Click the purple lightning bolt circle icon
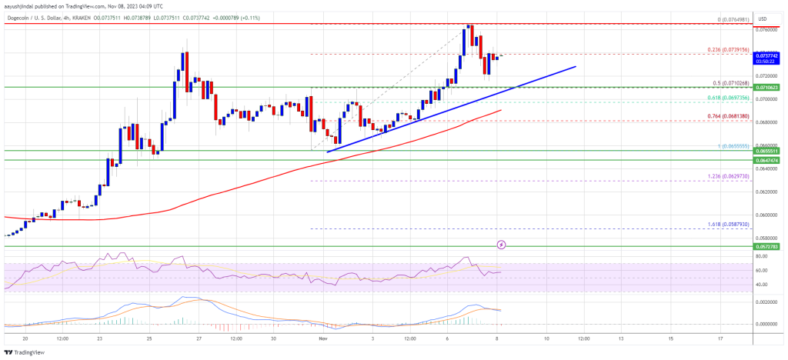(x=502, y=245)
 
